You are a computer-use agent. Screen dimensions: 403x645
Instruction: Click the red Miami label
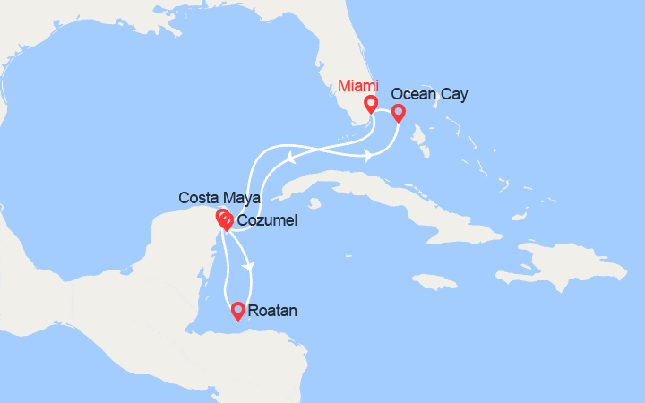pyautogui.click(x=358, y=86)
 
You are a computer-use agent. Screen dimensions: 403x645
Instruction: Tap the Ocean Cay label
pyautogui.click(x=429, y=93)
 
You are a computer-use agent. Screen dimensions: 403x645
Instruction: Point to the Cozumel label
pyautogui.click(x=267, y=220)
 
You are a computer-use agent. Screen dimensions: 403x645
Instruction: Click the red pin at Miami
pyautogui.click(x=370, y=105)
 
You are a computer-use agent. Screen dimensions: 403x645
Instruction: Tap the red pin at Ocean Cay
pyautogui.click(x=398, y=113)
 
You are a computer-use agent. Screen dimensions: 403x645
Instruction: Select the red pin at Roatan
pyautogui.click(x=237, y=311)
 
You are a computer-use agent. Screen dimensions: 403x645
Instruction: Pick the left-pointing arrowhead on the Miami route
pyautogui.click(x=290, y=160)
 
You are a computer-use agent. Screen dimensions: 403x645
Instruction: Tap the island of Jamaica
pyautogui.click(x=437, y=282)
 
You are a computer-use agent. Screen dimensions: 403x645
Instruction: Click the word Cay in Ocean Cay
pyautogui.click(x=455, y=93)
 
